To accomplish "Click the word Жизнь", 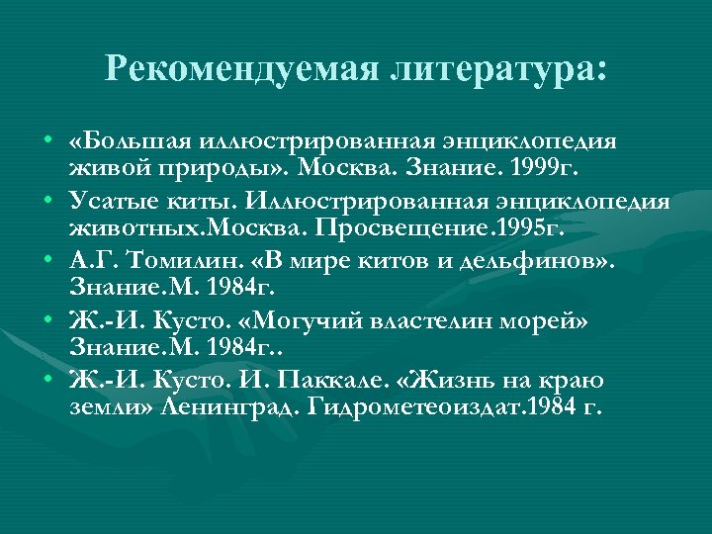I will (x=462, y=381).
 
